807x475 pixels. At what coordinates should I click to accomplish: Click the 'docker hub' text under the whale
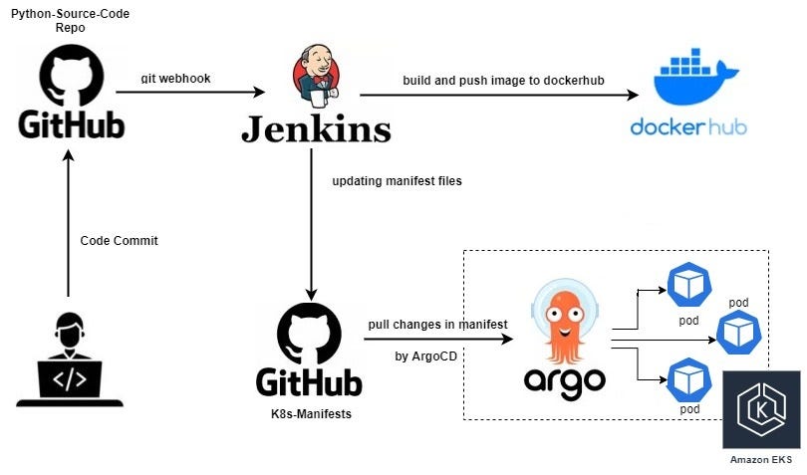click(x=688, y=127)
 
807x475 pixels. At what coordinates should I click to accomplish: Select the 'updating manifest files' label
click(x=397, y=181)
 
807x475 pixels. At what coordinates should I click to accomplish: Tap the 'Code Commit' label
click(x=119, y=241)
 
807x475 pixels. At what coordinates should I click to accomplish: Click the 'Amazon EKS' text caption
click(x=761, y=459)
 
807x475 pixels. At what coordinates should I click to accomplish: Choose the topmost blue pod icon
click(x=688, y=285)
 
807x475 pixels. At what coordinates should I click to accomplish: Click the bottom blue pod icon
click(x=688, y=378)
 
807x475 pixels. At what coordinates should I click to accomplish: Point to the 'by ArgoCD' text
click(x=426, y=356)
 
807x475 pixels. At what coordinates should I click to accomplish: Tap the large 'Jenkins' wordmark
click(x=315, y=128)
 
